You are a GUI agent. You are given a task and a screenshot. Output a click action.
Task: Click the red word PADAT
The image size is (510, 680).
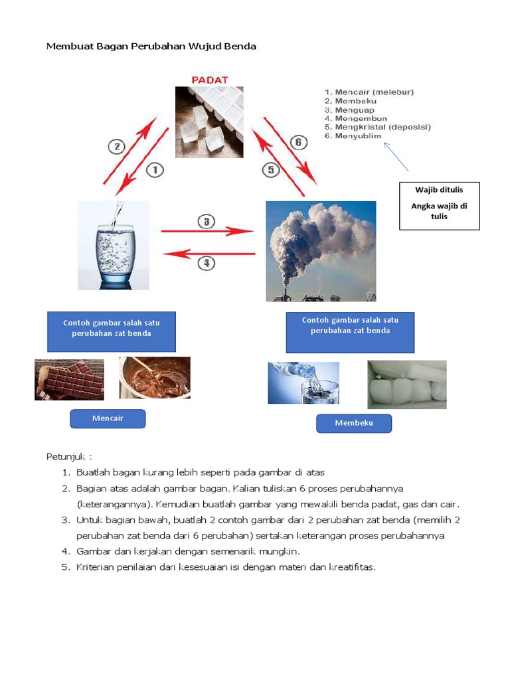click(x=210, y=80)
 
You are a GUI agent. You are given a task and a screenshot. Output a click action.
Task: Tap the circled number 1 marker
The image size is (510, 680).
click(x=155, y=169)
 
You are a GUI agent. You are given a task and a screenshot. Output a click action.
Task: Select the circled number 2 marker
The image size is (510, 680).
click(x=117, y=147)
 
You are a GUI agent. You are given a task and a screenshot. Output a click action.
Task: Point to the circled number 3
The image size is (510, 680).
click(x=207, y=222)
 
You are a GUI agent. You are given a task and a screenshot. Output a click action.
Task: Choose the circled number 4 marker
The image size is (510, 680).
click(x=207, y=263)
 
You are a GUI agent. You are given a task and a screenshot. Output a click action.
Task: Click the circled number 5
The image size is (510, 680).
click(x=271, y=169)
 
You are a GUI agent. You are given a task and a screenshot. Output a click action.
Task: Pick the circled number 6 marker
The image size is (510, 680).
click(x=298, y=142)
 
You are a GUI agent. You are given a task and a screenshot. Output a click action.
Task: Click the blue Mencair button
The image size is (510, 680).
click(x=108, y=418)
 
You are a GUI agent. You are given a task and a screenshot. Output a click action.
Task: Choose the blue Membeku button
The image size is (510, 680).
click(x=354, y=423)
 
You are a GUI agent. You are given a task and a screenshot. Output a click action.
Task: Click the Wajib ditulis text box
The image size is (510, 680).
click(x=440, y=206)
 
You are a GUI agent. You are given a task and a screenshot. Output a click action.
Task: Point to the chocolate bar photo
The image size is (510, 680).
click(x=69, y=379)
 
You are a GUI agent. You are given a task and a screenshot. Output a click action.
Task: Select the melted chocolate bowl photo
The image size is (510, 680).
click(x=155, y=378)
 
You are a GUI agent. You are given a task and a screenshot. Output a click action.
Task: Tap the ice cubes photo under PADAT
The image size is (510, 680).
click(x=209, y=122)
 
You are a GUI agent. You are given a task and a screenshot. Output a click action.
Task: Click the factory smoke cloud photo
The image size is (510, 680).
click(x=321, y=251)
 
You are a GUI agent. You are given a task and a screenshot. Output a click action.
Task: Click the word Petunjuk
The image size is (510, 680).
click(x=66, y=457)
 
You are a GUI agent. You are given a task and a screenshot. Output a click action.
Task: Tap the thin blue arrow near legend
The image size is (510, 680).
click(x=396, y=157)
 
